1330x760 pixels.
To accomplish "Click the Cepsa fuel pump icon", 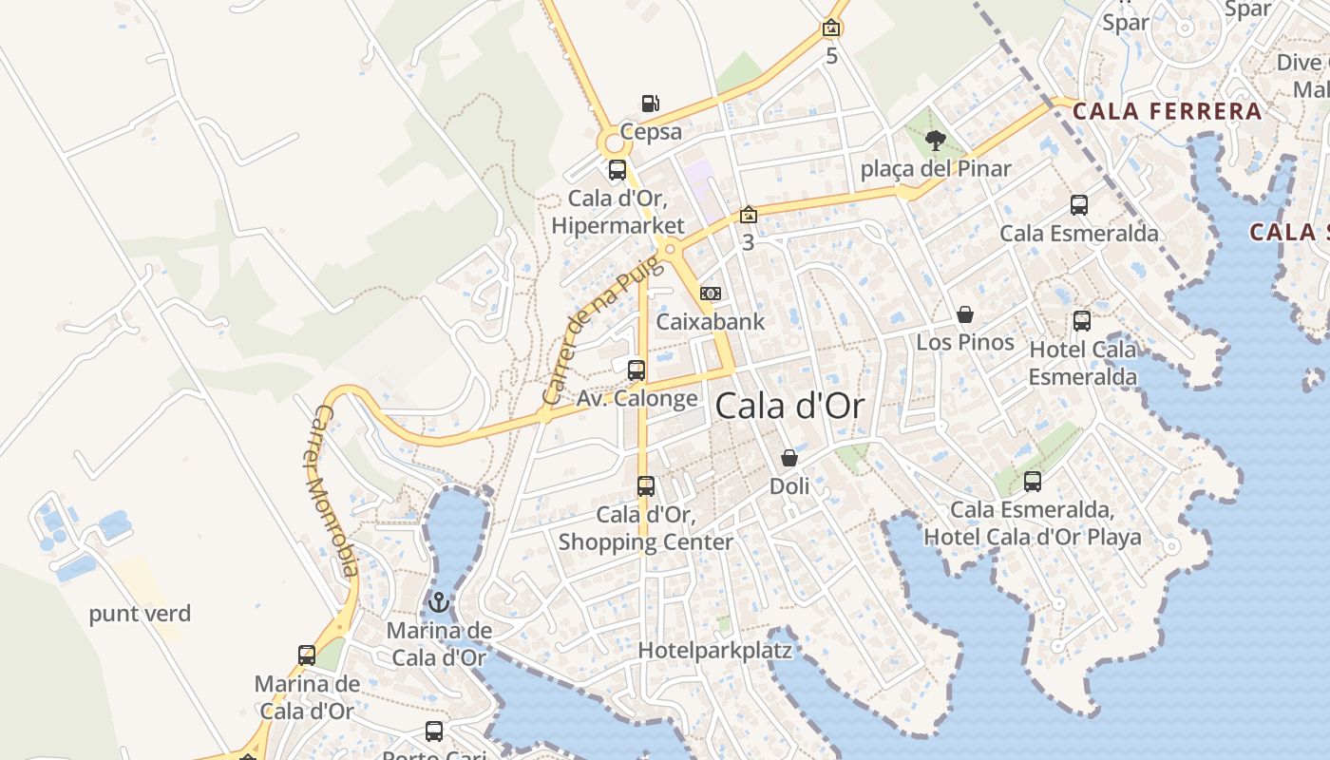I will coord(650,103).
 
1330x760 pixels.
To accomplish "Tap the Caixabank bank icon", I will coord(710,294).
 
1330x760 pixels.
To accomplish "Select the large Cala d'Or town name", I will coord(789,407).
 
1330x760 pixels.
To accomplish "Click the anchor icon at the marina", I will coord(439,601).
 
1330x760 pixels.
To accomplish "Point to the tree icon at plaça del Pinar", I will coord(936,141).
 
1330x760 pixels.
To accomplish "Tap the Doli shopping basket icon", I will coord(789,459).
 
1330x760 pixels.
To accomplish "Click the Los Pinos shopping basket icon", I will coord(965,314).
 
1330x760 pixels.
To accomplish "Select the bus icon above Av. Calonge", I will coord(636,370).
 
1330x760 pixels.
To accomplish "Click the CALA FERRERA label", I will coord(1167,111).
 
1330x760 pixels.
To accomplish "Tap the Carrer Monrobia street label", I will coord(337,491).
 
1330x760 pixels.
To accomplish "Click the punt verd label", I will coord(140,614).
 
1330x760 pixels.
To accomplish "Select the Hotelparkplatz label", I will coord(714,651).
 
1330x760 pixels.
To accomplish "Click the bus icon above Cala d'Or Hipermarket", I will coord(617,171).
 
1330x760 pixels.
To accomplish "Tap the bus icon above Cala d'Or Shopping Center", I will coord(646,486).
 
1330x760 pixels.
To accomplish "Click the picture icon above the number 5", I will coord(831,28).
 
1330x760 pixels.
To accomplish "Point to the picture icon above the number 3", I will coord(749,215).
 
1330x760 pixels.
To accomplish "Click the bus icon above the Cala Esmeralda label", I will coord(1079,205).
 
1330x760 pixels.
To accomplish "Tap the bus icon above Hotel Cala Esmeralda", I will coord(1082,321).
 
